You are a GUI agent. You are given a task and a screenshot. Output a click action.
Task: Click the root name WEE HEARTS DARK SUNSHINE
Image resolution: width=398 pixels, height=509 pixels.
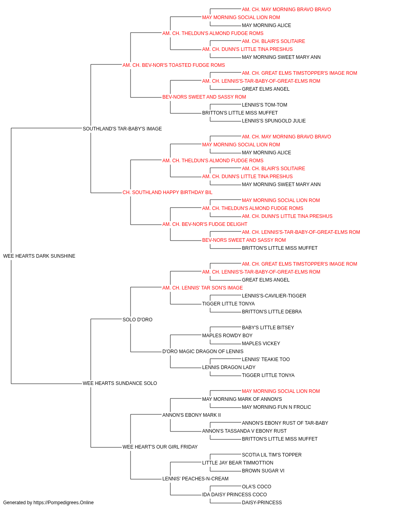[x=39, y=256]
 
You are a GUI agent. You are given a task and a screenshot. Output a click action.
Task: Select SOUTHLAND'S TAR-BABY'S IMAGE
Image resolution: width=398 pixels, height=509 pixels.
[x=122, y=128]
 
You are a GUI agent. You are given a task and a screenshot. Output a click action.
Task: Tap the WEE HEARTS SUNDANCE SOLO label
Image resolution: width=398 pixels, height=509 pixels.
[x=120, y=383]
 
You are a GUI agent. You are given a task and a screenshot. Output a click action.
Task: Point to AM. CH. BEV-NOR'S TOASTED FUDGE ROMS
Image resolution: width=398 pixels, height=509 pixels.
[x=174, y=65]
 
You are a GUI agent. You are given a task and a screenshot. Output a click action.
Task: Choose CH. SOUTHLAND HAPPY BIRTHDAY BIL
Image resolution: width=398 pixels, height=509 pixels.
[x=167, y=192]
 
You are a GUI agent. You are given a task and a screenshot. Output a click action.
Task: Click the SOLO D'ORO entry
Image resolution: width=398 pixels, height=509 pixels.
[x=137, y=319]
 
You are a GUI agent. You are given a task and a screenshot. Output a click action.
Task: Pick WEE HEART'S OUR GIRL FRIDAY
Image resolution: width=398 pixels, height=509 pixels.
[x=160, y=447]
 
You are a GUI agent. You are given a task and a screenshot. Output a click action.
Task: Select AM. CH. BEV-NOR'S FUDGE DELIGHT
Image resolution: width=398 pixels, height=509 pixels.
[x=205, y=224]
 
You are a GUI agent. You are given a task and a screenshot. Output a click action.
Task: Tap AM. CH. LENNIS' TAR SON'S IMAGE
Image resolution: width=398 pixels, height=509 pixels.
[x=203, y=288]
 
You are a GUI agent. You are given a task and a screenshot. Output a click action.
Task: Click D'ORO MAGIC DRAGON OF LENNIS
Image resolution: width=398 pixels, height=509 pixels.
[x=203, y=352]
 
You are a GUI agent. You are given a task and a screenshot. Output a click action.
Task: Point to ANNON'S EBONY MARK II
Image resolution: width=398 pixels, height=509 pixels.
[x=191, y=415]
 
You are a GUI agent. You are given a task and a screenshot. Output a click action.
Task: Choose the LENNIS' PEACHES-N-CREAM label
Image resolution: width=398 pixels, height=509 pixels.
[x=195, y=478]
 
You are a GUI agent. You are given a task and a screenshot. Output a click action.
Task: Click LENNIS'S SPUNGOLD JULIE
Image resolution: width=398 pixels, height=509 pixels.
[x=274, y=120]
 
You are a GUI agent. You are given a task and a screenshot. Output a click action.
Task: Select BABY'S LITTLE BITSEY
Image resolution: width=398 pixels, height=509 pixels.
[x=268, y=327]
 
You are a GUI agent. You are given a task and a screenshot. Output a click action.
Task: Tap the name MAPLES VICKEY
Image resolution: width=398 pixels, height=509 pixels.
[x=261, y=344]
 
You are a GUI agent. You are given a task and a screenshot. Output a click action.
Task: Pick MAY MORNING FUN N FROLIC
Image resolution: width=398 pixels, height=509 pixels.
[x=276, y=407]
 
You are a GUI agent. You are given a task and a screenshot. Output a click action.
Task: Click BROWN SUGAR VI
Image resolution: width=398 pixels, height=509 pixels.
[x=263, y=470]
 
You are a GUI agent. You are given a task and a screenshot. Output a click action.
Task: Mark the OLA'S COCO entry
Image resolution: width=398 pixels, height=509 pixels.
[x=256, y=486]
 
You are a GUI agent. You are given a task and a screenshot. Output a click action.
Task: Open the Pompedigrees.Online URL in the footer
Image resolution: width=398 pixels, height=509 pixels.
[x=64, y=503]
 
